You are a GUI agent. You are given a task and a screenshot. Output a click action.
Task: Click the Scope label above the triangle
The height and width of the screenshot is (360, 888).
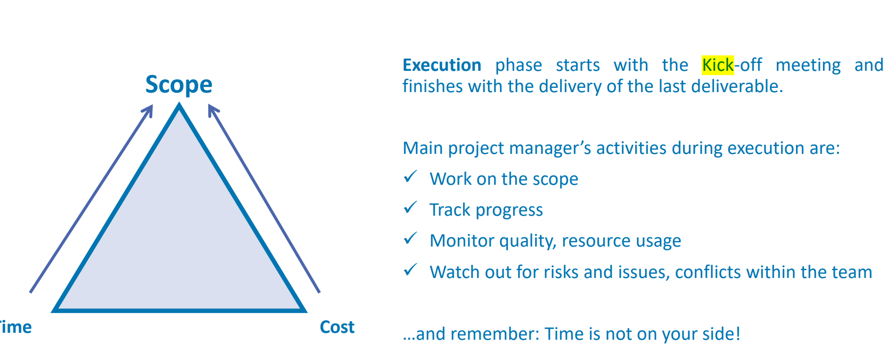tap(179, 85)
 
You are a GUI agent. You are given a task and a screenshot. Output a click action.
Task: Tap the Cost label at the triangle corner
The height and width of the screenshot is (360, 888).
tap(337, 327)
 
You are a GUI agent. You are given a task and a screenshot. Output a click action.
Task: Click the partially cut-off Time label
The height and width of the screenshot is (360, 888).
tap(15, 327)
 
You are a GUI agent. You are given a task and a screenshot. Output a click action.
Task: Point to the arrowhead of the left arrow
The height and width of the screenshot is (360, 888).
tap(148, 110)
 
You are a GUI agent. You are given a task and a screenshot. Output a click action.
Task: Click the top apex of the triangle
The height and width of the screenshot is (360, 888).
tap(179, 104)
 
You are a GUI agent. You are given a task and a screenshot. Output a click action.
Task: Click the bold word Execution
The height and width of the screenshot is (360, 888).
tap(442, 65)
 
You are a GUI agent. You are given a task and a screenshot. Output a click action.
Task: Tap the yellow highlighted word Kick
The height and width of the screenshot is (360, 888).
tap(718, 65)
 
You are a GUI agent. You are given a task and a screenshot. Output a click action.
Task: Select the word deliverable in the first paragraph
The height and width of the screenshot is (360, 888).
tap(737, 86)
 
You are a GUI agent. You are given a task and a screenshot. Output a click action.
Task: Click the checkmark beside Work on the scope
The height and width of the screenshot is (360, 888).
tap(410, 176)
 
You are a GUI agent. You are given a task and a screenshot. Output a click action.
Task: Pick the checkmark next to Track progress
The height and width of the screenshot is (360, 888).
tap(410, 207)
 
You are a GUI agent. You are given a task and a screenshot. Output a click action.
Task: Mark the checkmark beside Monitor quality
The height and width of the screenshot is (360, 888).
tap(410, 238)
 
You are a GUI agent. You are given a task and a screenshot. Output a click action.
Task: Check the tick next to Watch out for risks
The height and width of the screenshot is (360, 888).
tap(410, 269)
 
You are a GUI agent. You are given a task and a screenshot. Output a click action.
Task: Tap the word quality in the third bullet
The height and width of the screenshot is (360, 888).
tap(528, 242)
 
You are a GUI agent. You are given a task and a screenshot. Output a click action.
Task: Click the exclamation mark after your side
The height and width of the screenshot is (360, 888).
tap(738, 333)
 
